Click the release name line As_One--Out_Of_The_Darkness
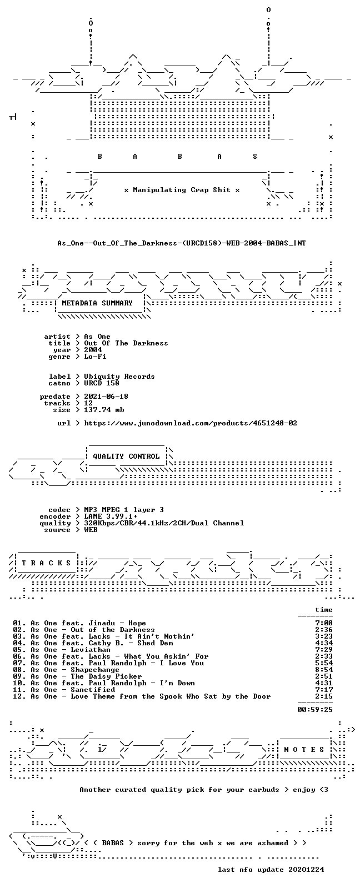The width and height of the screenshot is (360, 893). point(182,243)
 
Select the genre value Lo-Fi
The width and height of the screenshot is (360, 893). point(95,357)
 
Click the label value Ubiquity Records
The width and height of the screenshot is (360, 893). point(119,377)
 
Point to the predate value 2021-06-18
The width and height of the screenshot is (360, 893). point(106,397)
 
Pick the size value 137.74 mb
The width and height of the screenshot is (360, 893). point(104,410)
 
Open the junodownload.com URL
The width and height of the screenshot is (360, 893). point(191,423)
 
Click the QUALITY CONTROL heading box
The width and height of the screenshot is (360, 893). point(126,456)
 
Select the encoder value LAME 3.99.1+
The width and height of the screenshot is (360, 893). point(111,516)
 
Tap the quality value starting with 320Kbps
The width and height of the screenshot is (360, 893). point(164,523)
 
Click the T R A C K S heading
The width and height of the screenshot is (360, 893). point(46,563)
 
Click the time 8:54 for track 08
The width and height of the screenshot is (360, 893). point(324,670)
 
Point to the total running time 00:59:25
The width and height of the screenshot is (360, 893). point(315,710)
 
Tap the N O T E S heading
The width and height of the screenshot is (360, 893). point(304,750)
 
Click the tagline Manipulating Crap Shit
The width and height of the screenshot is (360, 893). point(182,190)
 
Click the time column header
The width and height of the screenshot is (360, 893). point(324,610)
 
